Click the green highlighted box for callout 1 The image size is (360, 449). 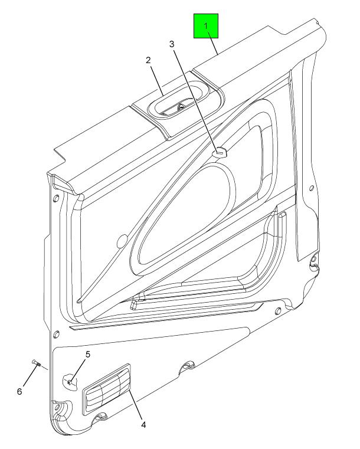point(206,26)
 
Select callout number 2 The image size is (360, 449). point(148,60)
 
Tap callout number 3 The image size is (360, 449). point(172,44)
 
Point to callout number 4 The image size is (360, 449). point(143,424)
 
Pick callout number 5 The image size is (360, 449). point(87,354)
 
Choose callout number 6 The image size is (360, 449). point(19,391)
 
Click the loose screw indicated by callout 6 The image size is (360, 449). point(37,363)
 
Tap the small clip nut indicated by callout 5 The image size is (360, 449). point(69,382)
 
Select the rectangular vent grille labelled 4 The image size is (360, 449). point(106,389)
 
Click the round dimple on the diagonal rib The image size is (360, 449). point(123,241)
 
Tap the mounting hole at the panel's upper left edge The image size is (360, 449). point(56,198)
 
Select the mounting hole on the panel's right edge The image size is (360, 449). point(312,188)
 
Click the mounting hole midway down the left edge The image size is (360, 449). point(57,334)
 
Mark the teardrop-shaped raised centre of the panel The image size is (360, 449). point(184,215)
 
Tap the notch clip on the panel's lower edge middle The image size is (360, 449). point(188,365)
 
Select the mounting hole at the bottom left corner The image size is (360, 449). point(58,407)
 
